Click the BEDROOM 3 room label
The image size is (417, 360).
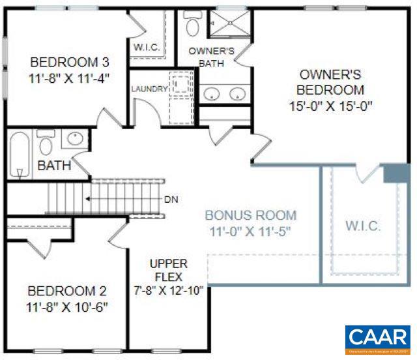coord(70,63)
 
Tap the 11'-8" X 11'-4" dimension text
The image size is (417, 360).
coord(70,77)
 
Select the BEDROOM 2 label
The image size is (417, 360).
coord(68,291)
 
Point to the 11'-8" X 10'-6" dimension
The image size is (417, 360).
coord(68,305)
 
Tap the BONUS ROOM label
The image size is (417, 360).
coord(251,215)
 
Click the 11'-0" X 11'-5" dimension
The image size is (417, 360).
coord(251,230)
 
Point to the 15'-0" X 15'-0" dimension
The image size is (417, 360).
coord(330,105)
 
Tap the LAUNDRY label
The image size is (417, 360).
coord(149,89)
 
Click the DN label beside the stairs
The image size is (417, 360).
coord(171,199)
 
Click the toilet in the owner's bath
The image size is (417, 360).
coord(193,25)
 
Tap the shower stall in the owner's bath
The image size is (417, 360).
coord(229,25)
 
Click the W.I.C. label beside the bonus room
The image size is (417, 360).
coord(362,226)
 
